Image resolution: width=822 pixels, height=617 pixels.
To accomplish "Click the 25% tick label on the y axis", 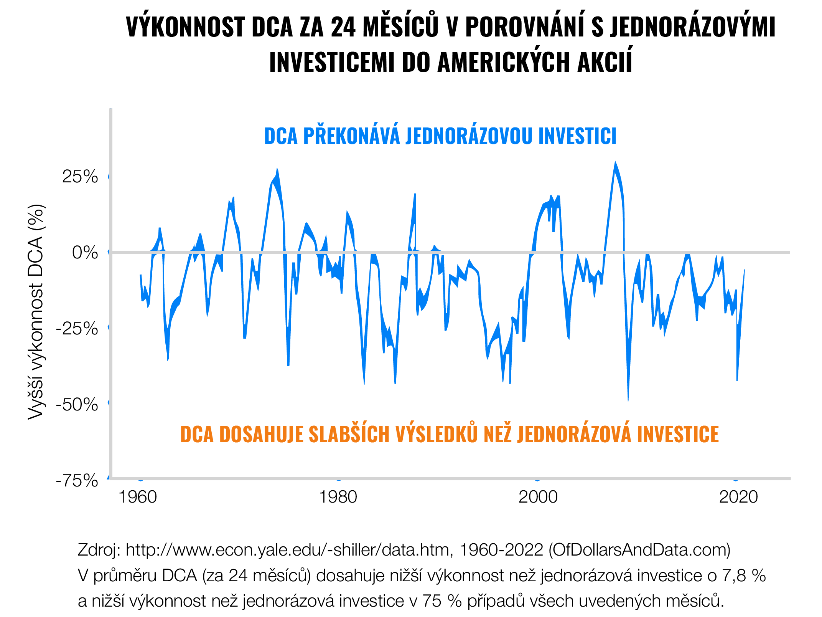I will click(80, 177).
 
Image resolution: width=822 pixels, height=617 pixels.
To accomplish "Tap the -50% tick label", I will click(77, 405).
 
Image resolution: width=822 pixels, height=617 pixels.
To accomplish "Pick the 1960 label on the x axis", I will click(138, 497).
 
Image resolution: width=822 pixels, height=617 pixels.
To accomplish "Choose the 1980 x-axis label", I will click(338, 497).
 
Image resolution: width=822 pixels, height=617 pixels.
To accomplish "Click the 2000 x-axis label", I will click(538, 497).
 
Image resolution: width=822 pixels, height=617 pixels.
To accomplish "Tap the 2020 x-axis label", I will click(738, 497).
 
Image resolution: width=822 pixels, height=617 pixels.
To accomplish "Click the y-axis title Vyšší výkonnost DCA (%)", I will click(36, 311).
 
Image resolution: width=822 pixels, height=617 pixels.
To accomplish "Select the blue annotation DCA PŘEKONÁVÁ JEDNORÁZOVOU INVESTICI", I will click(440, 136).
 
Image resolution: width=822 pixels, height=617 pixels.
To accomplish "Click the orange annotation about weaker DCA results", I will click(449, 434).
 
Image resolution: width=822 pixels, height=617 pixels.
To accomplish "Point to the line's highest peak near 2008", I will click(615, 164).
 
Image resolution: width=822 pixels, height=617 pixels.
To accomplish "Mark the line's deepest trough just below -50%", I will click(628, 399).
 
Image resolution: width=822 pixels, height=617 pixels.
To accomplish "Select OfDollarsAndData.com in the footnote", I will click(639, 550).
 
